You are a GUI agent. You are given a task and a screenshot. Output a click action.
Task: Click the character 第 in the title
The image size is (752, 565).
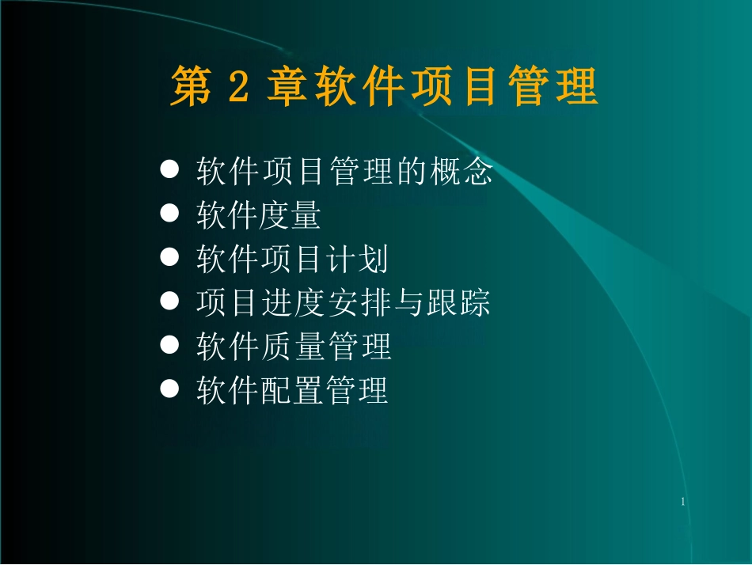coord(192,87)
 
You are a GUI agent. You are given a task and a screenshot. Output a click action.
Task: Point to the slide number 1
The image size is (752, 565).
coord(682,502)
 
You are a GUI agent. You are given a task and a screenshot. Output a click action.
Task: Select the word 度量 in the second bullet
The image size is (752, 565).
coord(290,215)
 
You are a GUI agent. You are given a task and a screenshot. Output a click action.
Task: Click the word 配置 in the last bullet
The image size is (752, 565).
coord(290,390)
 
